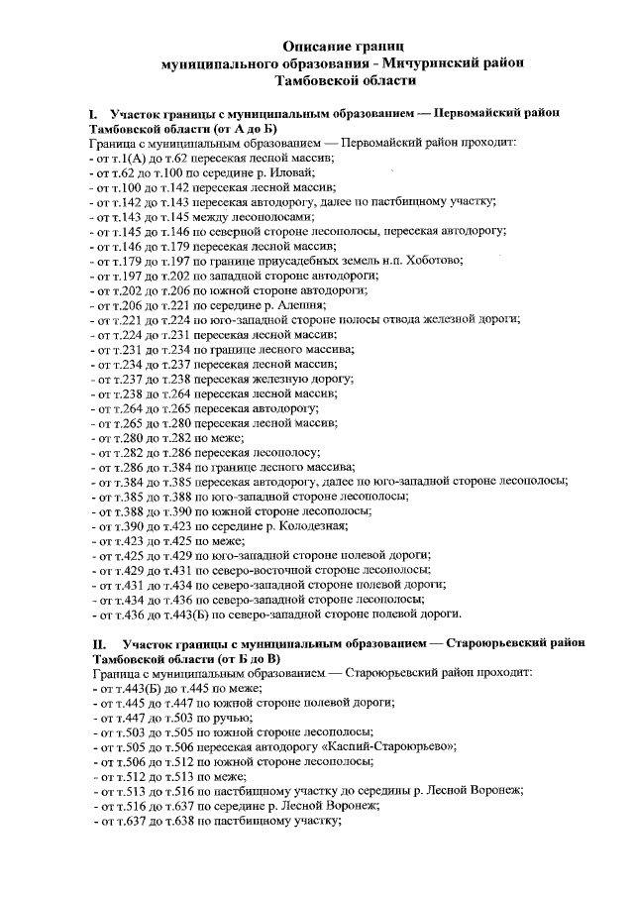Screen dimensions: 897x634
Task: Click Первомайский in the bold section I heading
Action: (x=476, y=116)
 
